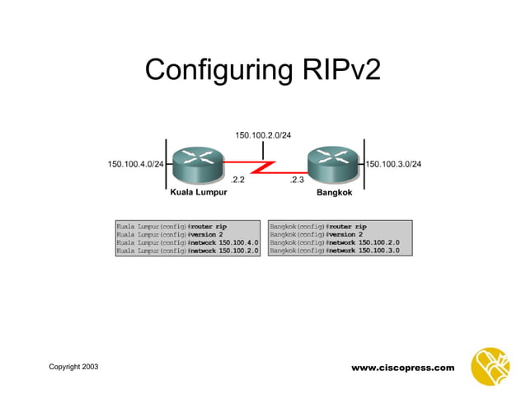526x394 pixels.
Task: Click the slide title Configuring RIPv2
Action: coord(262,69)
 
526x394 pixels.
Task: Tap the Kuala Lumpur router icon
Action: coord(195,165)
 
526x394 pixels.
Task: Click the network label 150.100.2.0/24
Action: coord(263,134)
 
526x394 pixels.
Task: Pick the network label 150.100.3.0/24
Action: coord(395,164)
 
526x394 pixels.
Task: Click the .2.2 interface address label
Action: coord(237,180)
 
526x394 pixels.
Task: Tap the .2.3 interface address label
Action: coord(297,180)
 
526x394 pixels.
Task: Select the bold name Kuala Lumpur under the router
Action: coord(199,194)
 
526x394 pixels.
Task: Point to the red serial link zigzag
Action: coord(264,167)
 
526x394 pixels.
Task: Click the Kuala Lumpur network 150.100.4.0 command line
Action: coord(187,242)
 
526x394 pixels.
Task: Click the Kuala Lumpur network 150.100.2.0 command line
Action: coord(187,251)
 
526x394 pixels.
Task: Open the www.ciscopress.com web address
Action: coord(402,367)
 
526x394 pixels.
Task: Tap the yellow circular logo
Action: coord(490,366)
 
